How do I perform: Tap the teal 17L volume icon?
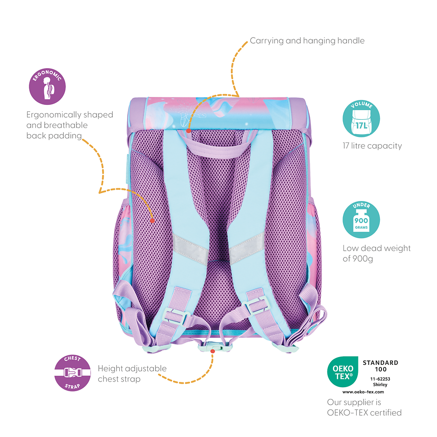361,119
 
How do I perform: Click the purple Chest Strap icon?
72,372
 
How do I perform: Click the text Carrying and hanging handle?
307,41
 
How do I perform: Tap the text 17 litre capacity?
372,146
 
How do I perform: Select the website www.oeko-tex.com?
363,392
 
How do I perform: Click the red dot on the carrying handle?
188,130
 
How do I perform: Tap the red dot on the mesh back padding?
152,221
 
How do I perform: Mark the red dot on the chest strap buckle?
212,351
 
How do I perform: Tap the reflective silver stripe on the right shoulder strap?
246,247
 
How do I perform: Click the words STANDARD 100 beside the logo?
380,366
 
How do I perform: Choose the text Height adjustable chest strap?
132,374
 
